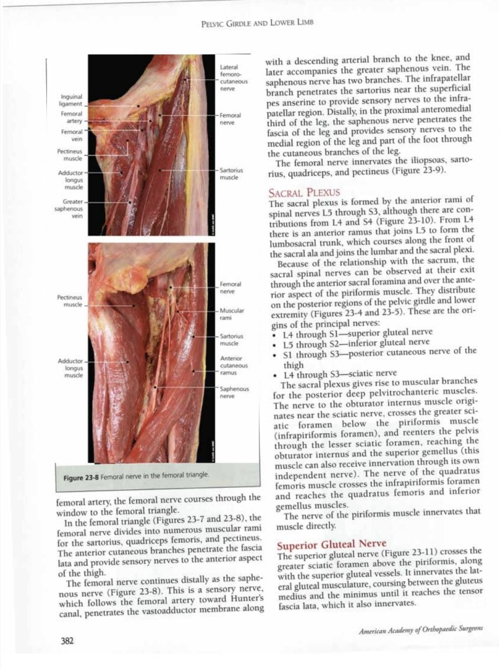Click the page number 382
(67, 641)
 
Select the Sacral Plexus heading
(304, 192)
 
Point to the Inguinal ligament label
(71, 100)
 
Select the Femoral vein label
(71, 135)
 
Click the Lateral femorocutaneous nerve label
(233, 77)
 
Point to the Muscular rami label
(232, 314)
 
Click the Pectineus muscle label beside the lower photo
(69, 301)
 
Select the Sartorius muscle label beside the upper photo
(231, 174)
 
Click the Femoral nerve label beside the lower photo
(231, 287)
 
